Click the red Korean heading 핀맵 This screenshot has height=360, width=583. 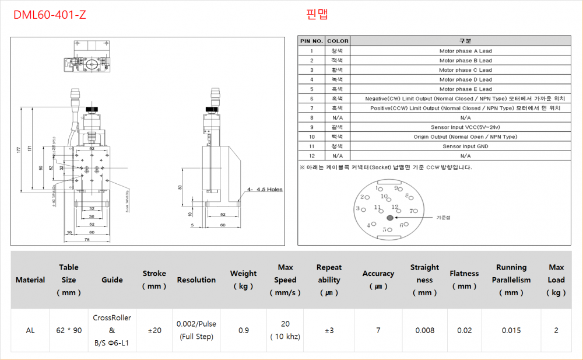pyautogui.click(x=317, y=15)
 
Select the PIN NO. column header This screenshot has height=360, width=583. pyautogui.click(x=311, y=41)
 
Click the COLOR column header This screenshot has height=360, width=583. pyautogui.click(x=338, y=41)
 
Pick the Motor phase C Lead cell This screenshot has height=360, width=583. pyautogui.click(x=465, y=70)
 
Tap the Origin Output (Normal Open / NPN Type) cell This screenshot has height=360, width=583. pyautogui.click(x=465, y=137)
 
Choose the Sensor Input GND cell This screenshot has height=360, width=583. pyautogui.click(x=465, y=146)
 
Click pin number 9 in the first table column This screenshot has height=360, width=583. pyautogui.click(x=311, y=127)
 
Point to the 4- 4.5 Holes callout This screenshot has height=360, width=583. pyautogui.click(x=265, y=189)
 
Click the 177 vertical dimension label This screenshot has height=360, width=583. pyautogui.click(x=19, y=150)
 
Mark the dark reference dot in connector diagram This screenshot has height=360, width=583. pyautogui.click(x=389, y=218)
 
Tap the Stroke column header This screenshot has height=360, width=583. pyautogui.click(x=154, y=279)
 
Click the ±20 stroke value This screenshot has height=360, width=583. pyautogui.click(x=154, y=330)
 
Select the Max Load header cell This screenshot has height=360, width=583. pyautogui.click(x=556, y=279)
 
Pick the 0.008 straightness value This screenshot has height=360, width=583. pyautogui.click(x=424, y=330)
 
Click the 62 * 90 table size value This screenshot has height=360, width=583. pyautogui.click(x=69, y=330)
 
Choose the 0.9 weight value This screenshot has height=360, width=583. pyautogui.click(x=243, y=330)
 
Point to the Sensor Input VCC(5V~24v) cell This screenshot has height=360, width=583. pyautogui.click(x=465, y=127)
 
